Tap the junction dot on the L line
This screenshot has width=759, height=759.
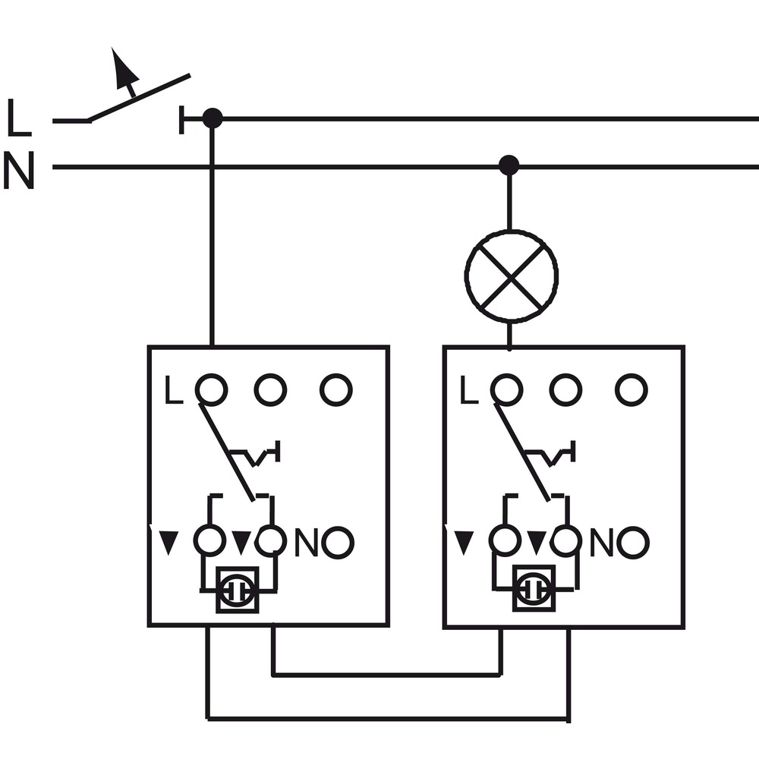[x=212, y=118]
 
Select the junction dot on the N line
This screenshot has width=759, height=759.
[x=509, y=165]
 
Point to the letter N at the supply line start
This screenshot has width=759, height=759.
[x=19, y=169]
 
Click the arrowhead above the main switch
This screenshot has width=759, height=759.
[x=123, y=67]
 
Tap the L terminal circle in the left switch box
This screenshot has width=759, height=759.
[x=212, y=389]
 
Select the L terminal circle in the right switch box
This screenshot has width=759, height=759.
[x=507, y=389]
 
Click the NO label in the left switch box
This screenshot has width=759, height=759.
[x=306, y=543]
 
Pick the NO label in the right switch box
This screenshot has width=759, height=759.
[x=601, y=543]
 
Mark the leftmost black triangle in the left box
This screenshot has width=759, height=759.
[x=169, y=543]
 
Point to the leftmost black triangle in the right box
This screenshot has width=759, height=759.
[x=465, y=543]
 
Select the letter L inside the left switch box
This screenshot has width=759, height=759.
[x=174, y=389]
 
